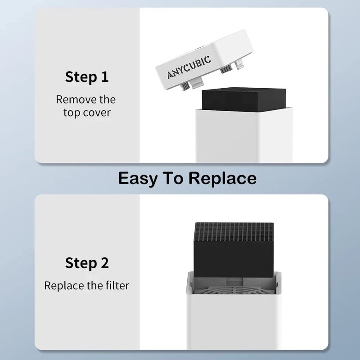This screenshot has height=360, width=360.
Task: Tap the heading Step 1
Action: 87,76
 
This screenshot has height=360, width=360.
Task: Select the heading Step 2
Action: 87,263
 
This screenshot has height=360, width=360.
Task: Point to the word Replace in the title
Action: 222,179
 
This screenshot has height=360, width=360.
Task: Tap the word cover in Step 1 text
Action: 97,112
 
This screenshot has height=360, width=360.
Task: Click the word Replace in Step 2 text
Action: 64,285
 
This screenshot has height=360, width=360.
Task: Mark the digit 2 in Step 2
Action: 104,263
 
